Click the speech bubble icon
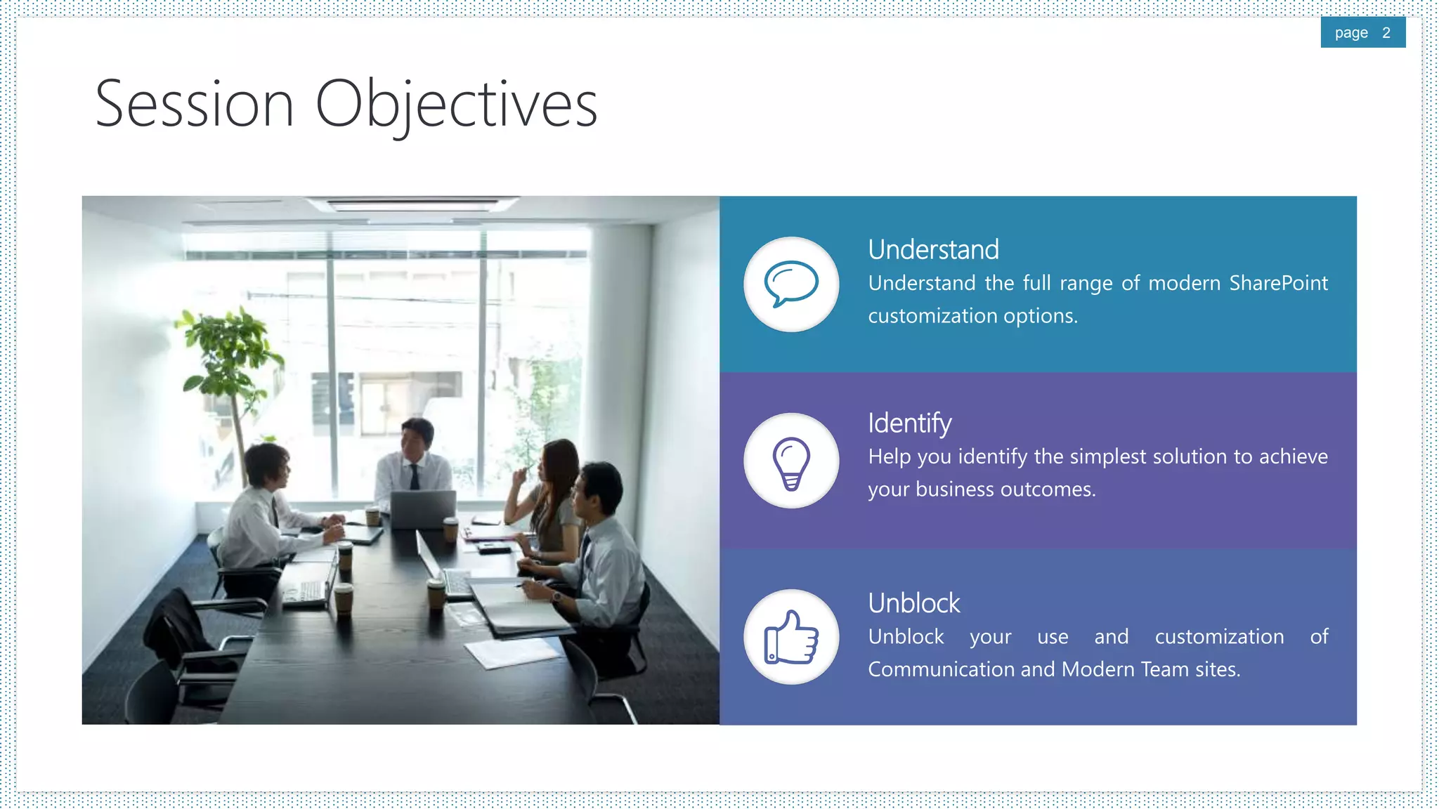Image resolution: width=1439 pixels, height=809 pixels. (791, 284)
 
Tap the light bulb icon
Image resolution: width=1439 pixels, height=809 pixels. (791, 461)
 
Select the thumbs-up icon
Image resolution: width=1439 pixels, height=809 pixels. (791, 638)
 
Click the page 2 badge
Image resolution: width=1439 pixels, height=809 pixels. (1362, 33)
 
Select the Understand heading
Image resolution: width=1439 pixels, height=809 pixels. (933, 250)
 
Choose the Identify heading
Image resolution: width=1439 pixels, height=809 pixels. (909, 423)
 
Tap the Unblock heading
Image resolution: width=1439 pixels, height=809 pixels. (913, 603)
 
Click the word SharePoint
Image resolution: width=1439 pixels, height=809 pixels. (1278, 283)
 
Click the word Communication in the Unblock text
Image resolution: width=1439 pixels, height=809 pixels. (941, 669)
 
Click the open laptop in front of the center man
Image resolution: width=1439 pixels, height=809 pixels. (422, 509)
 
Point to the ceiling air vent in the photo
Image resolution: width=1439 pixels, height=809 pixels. (415, 204)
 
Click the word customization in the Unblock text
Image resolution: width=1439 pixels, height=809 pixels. (1219, 637)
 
